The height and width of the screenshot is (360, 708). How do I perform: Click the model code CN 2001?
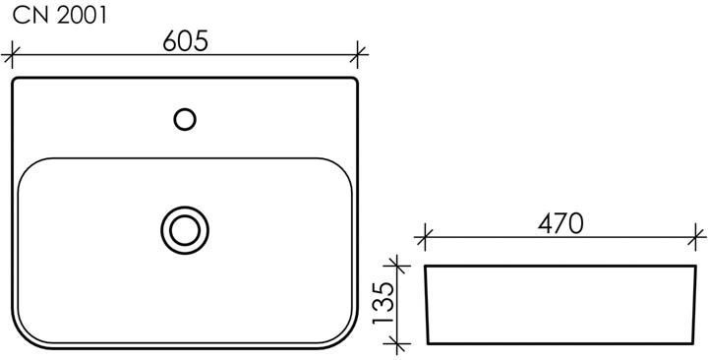click(60, 16)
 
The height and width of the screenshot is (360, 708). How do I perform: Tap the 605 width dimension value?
click(186, 41)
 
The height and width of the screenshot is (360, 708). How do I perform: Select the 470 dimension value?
click(560, 223)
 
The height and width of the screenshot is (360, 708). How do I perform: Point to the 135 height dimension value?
click(382, 303)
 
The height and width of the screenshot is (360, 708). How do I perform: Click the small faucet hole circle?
click(185, 119)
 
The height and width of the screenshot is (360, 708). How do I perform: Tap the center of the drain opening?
click(185, 230)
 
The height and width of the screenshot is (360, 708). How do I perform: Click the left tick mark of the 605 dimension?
click(12, 55)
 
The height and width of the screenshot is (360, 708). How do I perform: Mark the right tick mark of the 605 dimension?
click(357, 55)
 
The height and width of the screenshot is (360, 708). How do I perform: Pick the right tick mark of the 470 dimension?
click(696, 237)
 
